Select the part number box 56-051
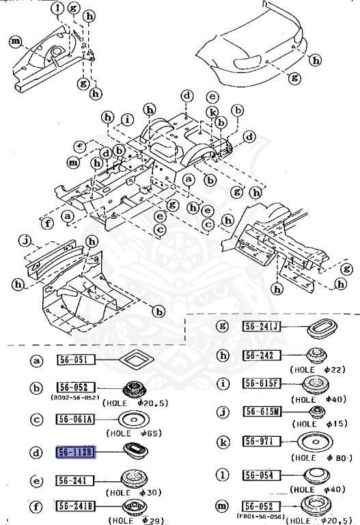pos(74,360)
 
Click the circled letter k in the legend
pos(222,442)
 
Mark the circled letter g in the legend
pos(222,326)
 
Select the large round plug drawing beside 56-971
pos(316,441)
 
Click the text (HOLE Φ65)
pos(132,433)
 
